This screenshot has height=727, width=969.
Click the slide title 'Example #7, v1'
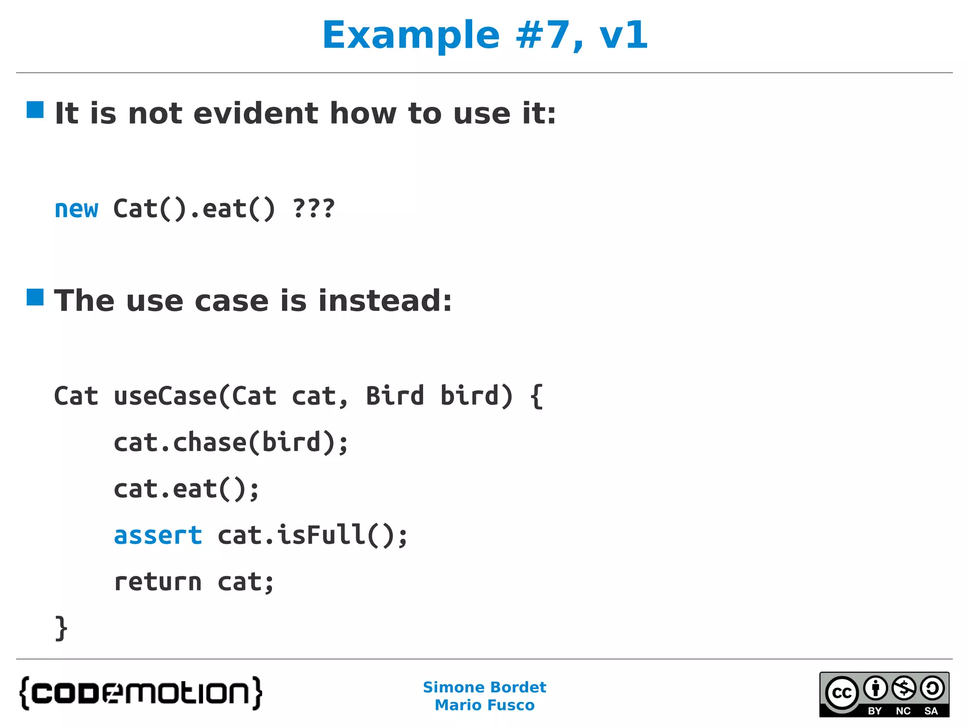pyautogui.click(x=484, y=35)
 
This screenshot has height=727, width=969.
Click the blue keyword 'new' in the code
pyautogui.click(x=76, y=209)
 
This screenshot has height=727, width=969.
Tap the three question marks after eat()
pyautogui.click(x=314, y=209)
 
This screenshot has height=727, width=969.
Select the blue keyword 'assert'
pyautogui.click(x=158, y=535)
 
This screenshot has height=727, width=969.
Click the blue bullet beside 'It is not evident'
pyautogui.click(x=35, y=110)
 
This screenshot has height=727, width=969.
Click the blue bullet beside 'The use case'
pyautogui.click(x=35, y=297)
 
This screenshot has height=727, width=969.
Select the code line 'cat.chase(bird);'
pyautogui.click(x=231, y=443)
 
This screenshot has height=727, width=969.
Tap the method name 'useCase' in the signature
pyautogui.click(x=166, y=396)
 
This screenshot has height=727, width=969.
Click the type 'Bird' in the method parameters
pyautogui.click(x=395, y=396)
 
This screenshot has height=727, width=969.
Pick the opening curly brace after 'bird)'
pyautogui.click(x=536, y=397)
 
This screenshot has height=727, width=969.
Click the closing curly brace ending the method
pyautogui.click(x=61, y=629)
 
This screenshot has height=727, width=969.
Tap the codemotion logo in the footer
pyautogui.click(x=141, y=693)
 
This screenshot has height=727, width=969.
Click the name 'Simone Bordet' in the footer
pyautogui.click(x=484, y=687)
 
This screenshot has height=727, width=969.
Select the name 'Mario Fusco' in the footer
pyautogui.click(x=484, y=705)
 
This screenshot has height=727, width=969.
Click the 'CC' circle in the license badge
pyautogui.click(x=842, y=693)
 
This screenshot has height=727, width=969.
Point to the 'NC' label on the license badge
pyautogui.click(x=903, y=711)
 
